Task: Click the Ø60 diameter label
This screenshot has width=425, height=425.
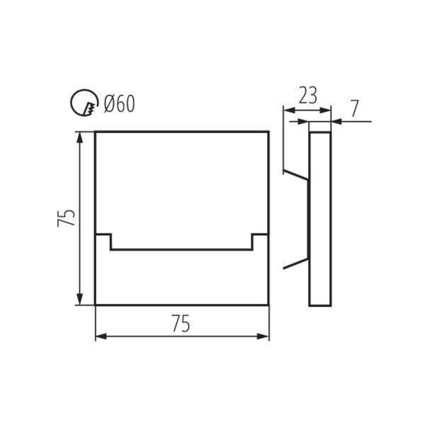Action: point(119,104)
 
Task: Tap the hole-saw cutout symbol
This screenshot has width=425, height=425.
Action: point(84,103)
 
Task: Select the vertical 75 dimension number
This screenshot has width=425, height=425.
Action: point(66,217)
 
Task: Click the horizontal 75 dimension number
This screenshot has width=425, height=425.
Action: point(181,324)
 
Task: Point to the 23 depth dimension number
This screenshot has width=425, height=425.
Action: point(308,96)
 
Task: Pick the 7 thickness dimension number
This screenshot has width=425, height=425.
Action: point(355,108)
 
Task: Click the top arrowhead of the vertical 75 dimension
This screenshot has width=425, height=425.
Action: point(79,138)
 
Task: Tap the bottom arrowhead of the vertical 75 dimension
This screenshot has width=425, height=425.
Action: point(79,299)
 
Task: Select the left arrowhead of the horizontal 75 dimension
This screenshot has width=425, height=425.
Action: point(101,336)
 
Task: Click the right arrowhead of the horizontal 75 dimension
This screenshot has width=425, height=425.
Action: point(263,336)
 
